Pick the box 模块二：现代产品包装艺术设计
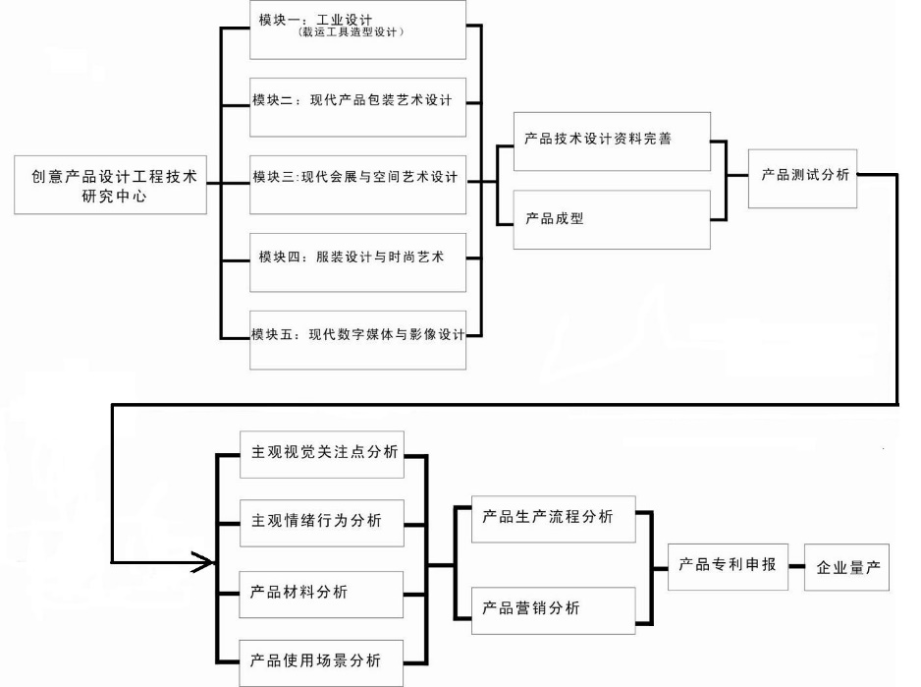coord(357,102)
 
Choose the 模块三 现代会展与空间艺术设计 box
coord(357,180)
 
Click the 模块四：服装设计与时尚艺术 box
coord(357,258)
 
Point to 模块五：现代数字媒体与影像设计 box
coord(357,335)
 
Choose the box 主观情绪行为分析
coord(321,520)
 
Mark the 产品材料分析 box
coord(321,594)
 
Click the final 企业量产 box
coord(847,568)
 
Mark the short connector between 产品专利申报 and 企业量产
coord(796,568)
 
